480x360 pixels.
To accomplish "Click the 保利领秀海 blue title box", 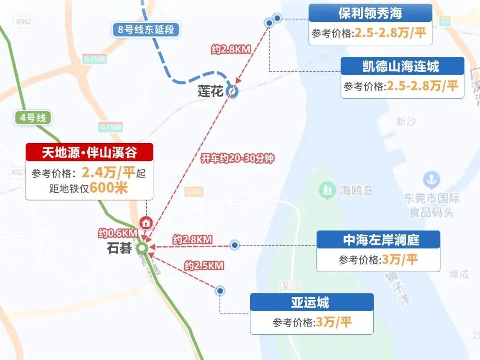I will (x=370, y=13).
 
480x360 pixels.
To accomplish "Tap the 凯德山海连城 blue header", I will (x=402, y=67).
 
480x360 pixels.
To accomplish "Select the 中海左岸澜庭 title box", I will (x=378, y=240).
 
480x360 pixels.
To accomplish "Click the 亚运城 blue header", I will (x=311, y=303).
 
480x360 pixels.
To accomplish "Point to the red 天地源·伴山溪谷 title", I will (x=89, y=152).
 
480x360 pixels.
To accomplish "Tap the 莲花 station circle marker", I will (x=232, y=92).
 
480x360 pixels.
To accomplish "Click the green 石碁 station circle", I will (x=142, y=248).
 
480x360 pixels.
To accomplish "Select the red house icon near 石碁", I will (x=145, y=223).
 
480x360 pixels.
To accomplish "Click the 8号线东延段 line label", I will (x=146, y=30).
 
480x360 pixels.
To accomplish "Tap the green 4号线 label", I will (x=33, y=118).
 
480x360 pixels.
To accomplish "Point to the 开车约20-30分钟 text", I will (x=237, y=159).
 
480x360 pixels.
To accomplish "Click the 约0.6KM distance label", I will (x=118, y=233).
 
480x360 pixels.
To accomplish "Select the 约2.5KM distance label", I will (x=204, y=266).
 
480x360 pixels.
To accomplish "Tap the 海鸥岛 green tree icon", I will (x=327, y=191).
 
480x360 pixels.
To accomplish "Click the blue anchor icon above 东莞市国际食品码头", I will (x=431, y=180).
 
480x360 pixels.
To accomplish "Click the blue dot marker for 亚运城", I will (x=220, y=291).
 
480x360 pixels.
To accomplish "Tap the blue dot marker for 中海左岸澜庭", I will (x=235, y=245).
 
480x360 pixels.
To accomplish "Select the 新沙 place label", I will (x=405, y=121).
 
